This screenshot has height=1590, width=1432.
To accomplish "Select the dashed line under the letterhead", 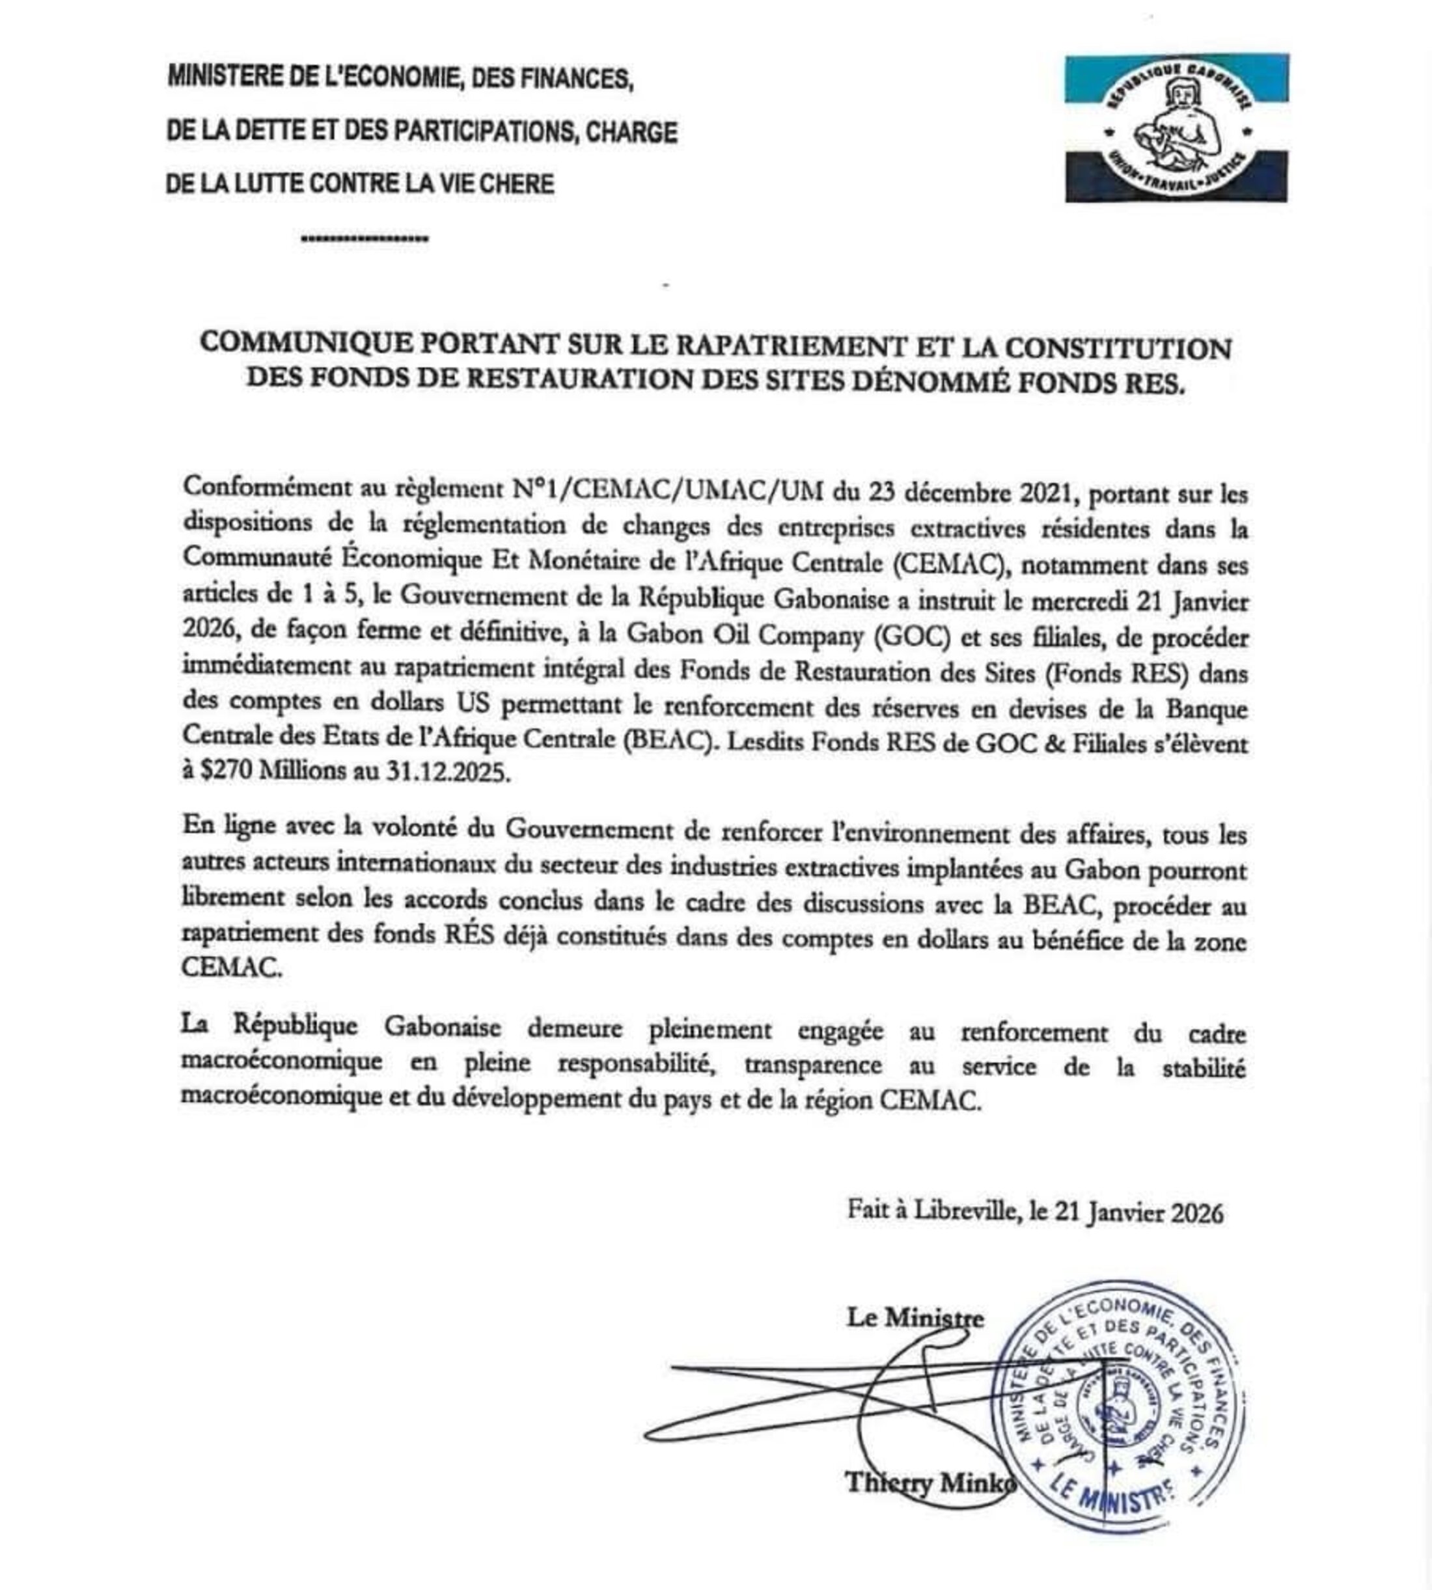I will point(365,238).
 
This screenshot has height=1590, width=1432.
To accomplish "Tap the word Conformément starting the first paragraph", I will point(267,486).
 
